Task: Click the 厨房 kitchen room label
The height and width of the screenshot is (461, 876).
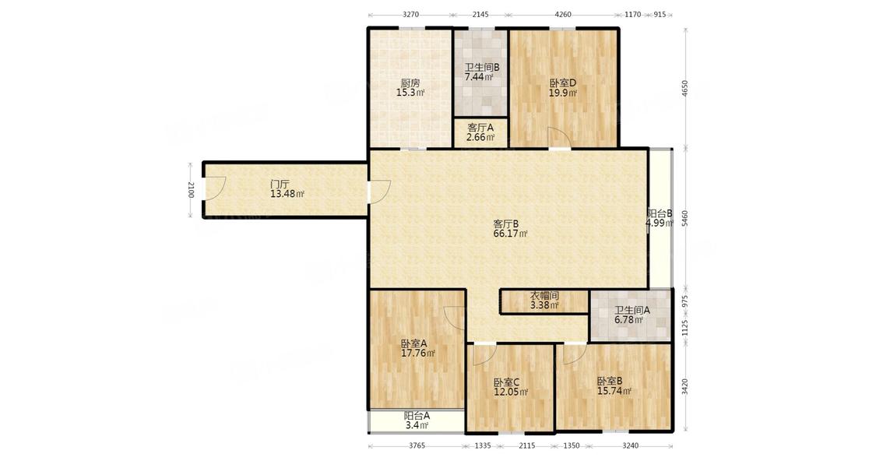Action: (410, 83)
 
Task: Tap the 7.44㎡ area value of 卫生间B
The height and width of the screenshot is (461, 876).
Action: (480, 77)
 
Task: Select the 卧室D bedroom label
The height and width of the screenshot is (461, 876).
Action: (562, 83)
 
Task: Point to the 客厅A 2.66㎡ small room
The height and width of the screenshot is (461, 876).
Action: (480, 132)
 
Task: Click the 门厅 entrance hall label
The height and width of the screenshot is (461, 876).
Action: (280, 184)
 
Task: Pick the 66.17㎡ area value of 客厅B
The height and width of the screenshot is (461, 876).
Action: (510, 234)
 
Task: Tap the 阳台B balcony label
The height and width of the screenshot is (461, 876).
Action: (660, 213)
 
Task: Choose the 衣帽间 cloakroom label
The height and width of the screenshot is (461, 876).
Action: (544, 296)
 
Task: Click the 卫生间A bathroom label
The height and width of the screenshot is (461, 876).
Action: (632, 310)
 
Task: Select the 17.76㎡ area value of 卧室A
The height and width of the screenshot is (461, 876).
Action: (418, 354)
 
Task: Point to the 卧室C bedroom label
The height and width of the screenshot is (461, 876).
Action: (507, 382)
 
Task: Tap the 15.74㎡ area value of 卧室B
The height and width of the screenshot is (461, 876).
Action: (614, 391)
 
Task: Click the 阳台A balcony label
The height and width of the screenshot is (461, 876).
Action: (417, 416)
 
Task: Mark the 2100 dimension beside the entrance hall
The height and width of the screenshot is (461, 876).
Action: (191, 190)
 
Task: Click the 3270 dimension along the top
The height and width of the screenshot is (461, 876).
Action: (410, 15)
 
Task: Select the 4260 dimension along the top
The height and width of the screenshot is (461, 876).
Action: (562, 15)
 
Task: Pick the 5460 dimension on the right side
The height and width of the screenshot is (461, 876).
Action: (685, 219)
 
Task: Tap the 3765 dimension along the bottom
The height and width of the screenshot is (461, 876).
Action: (417, 445)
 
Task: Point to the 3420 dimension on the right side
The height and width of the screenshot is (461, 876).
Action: (685, 387)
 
